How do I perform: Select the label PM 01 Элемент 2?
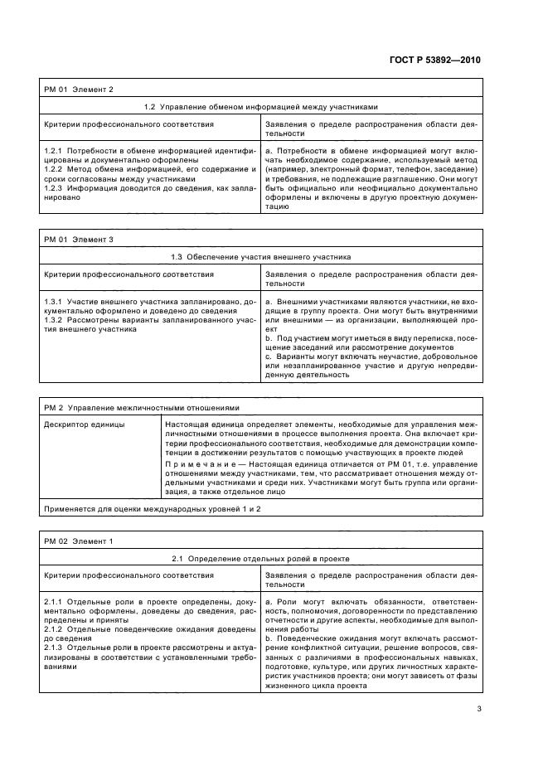(x=79, y=89)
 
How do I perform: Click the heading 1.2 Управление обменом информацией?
(x=260, y=106)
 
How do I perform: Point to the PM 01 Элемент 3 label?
(x=79, y=240)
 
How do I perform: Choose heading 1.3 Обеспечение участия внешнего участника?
(x=260, y=257)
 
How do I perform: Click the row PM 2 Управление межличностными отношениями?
(x=141, y=407)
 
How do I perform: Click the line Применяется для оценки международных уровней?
(x=153, y=507)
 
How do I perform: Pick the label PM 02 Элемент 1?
(x=79, y=541)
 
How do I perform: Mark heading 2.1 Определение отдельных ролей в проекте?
(x=260, y=559)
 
